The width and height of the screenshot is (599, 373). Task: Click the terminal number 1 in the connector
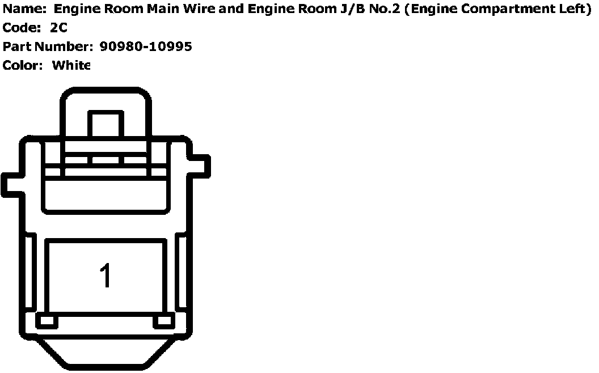tap(106, 276)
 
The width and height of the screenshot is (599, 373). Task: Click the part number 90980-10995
tap(146, 46)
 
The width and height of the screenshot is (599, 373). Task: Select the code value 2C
tap(58, 28)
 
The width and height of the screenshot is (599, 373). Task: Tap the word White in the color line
tap(71, 65)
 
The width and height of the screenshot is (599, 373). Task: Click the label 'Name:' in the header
tap(24, 10)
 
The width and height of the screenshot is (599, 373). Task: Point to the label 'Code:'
tap(22, 28)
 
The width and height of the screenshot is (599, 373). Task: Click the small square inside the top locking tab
tap(106, 124)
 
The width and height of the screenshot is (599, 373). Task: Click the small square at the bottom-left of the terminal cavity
tap(47, 321)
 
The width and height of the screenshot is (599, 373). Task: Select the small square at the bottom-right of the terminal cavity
tap(163, 321)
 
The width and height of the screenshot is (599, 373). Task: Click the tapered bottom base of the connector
tap(106, 352)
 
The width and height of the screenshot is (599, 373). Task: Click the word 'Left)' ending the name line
tap(576, 10)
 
